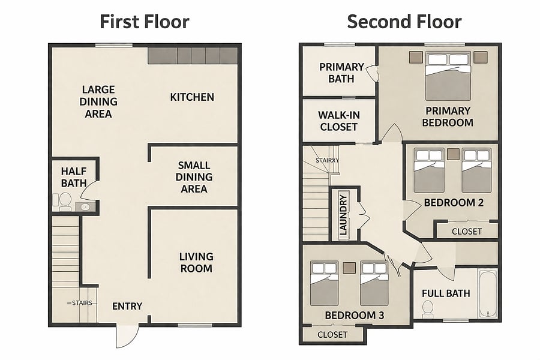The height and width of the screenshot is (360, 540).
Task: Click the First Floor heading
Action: coord(144,22)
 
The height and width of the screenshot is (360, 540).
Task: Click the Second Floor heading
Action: coord(404,22)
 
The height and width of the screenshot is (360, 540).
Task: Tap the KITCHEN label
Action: coord(192,97)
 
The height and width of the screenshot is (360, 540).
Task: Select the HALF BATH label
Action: coord(74,177)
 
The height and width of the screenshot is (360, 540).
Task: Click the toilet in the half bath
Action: coord(65,201)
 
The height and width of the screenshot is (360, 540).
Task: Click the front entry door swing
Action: coord(127,335)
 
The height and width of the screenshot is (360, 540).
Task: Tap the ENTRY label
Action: coord(127,306)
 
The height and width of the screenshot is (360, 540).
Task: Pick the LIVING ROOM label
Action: coord(196,263)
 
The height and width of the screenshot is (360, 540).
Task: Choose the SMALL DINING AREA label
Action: coord(194,177)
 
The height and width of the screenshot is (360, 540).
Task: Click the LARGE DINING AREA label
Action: coord(98,101)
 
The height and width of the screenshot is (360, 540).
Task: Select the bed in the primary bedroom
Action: coord(448,76)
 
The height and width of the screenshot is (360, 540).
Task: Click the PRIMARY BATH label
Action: coord(341,73)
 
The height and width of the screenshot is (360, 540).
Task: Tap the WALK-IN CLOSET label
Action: coord(339,121)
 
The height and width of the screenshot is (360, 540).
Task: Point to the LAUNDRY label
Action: coord(343,215)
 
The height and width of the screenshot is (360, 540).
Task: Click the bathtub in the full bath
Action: coord(488,294)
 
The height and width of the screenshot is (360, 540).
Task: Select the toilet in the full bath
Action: coord(428,308)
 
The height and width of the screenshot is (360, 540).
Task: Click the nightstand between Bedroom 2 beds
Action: coord(453,154)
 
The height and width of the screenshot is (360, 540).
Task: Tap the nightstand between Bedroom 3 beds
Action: coord(349,268)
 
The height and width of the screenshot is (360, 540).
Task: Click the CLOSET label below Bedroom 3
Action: coord(332,335)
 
